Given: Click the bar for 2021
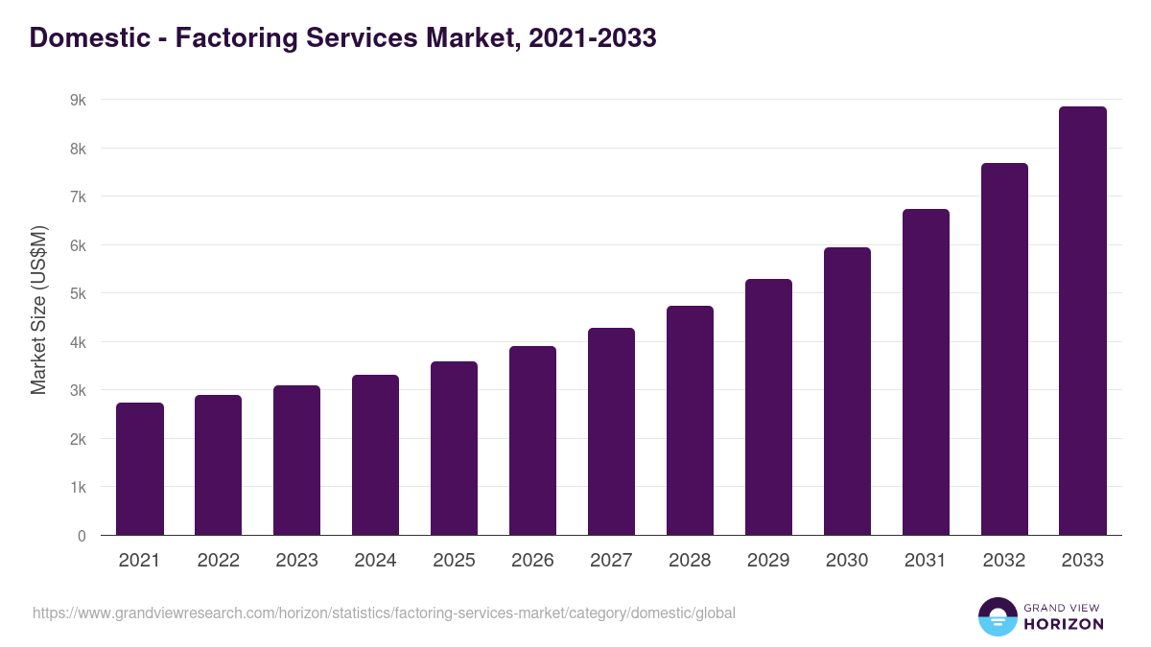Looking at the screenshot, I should point(140,469).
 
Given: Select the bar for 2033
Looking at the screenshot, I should point(1083,321).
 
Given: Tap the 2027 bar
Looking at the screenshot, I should point(611,431).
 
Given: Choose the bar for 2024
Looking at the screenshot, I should point(375,454).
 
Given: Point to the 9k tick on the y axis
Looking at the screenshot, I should point(78,100).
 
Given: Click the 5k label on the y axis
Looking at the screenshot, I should point(78,293).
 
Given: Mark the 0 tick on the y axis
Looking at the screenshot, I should point(82,536).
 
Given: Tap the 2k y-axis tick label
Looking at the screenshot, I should point(78,439).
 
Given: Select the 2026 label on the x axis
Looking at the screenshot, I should point(532,561).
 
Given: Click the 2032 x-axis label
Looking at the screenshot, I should point(1004,561).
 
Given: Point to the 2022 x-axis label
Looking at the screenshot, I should point(218,561).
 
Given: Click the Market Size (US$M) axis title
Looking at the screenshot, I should point(38,310).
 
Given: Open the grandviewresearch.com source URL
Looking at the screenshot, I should point(384,612).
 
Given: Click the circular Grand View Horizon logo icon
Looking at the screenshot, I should point(997,616).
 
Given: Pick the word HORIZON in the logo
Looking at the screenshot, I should point(1064,624).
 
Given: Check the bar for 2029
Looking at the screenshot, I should point(768,406).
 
